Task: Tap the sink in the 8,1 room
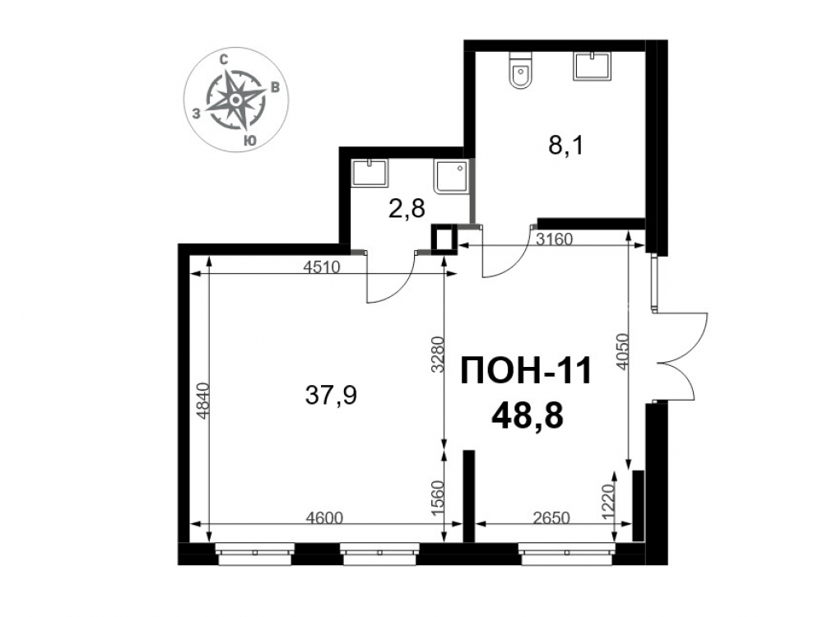(593, 66)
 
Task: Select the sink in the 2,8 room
(370, 173)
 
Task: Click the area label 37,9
(331, 395)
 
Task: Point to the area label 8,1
(566, 146)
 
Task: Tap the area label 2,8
(407, 209)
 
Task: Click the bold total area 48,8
(527, 418)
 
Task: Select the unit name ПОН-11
(526, 371)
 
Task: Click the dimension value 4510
(323, 267)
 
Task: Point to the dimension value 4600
(323, 517)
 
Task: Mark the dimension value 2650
(551, 517)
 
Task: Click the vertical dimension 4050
(622, 351)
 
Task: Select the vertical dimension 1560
(439, 499)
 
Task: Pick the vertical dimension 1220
(607, 502)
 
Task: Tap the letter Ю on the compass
(250, 140)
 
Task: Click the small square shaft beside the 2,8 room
(444, 239)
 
